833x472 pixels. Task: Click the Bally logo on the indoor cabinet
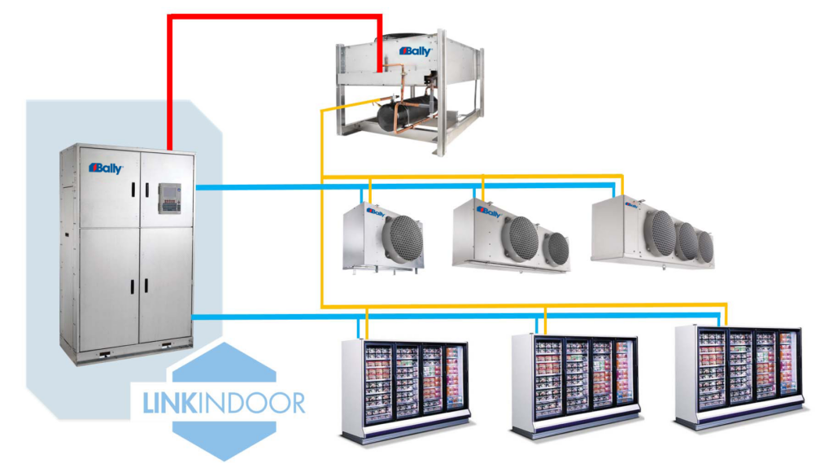tap(106, 168)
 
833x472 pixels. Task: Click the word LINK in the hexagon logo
tap(168, 402)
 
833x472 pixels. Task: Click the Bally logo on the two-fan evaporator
tap(489, 212)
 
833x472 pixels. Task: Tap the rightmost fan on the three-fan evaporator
tap(704, 247)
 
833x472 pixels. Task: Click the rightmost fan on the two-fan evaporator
tap(556, 247)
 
